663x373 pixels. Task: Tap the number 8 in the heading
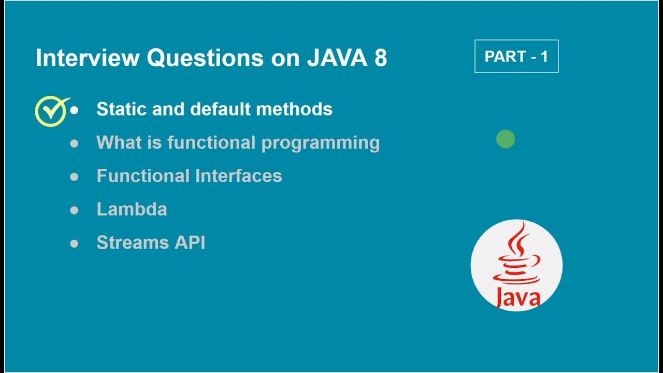[380, 58]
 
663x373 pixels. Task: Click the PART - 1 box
[516, 56]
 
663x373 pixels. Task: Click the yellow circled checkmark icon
[50, 111]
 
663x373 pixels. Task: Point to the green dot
[506, 139]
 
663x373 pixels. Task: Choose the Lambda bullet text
[132, 209]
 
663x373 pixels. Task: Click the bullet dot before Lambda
[74, 210]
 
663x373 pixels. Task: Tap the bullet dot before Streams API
[74, 243]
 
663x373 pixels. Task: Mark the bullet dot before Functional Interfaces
[74, 177]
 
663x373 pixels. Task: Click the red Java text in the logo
[517, 297]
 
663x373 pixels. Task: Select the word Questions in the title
[205, 58]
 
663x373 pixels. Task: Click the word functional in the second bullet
[211, 143]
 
